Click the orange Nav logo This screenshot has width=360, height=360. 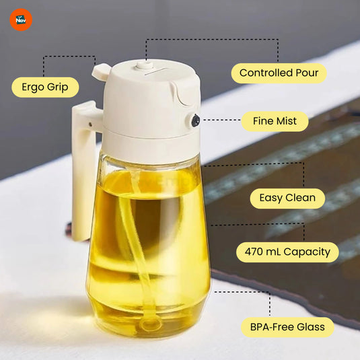tap(21, 20)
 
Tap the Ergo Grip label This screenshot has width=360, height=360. tap(45, 87)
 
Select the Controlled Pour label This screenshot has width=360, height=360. tap(279, 73)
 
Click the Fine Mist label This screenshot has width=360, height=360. tap(275, 122)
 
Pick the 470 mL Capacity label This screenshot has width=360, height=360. tap(287, 252)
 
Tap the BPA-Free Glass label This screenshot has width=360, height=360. tap(287, 327)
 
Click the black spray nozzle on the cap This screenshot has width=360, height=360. tap(195, 121)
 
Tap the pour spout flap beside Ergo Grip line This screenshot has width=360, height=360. tap(101, 71)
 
